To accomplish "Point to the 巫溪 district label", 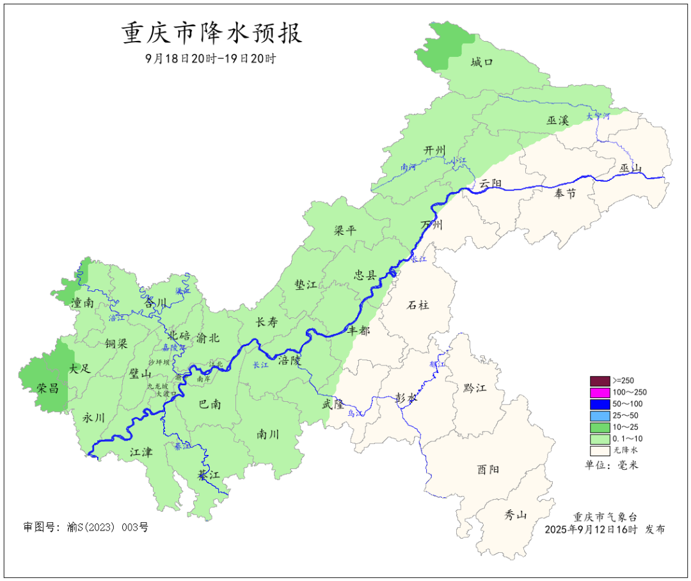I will pos(557,120).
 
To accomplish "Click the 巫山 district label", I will pos(630,168).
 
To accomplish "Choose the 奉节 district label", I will pos(565,193).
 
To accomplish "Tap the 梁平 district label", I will pos(344,230).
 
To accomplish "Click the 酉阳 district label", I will pos(488,469).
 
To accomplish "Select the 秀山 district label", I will pos(515,514).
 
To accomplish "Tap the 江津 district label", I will pos(141,452).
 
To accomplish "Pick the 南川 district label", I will pos(267,434).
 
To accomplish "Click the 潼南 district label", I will pos(83,303).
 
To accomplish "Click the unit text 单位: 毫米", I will pos(612,465).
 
